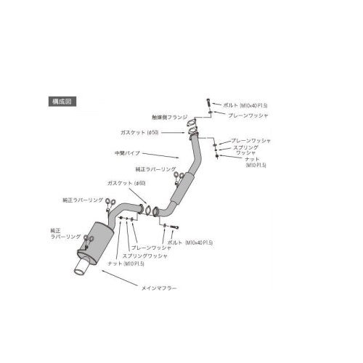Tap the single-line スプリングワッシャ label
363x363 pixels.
(x=144, y=255)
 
